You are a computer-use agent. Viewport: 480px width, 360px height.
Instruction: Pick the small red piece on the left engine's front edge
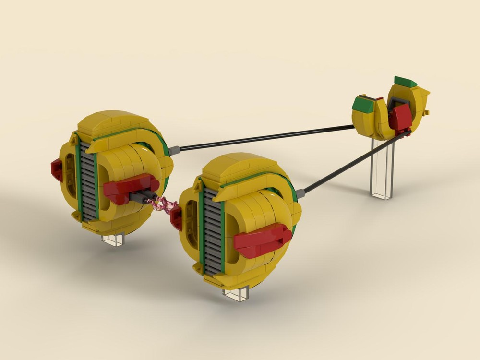click(x=57, y=169)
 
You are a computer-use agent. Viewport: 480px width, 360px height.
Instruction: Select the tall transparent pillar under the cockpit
click(x=383, y=168)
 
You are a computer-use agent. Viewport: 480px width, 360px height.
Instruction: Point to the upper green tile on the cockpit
click(x=406, y=81)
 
